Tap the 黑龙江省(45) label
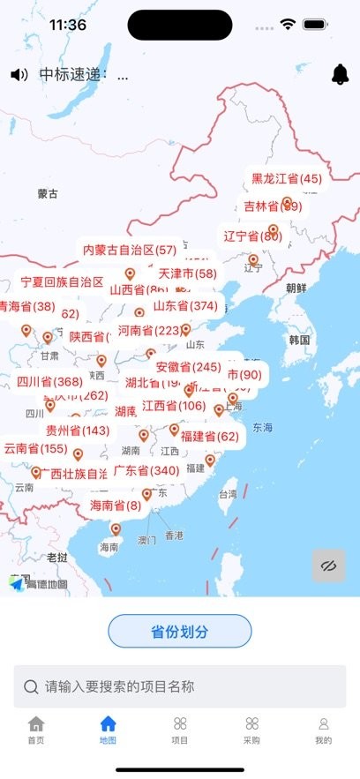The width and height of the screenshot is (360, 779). point(287,179)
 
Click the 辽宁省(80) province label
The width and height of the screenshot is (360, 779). point(252,236)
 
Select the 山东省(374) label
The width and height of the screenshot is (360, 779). point(185,306)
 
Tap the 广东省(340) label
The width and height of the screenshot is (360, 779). point(146,471)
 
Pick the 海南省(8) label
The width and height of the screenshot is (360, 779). point(116,506)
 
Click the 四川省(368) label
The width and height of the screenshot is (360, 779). point(49,382)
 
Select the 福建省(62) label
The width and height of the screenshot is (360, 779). point(209,436)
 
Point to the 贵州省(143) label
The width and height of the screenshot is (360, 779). point(78,431)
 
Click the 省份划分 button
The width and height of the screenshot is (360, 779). point(180,632)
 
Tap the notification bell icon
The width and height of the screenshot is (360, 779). point(340,75)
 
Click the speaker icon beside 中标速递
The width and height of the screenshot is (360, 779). point(19,75)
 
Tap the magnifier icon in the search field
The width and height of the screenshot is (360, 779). point(31,686)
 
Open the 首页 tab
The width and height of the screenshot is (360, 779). point(35,730)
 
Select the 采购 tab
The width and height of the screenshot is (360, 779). point(251,730)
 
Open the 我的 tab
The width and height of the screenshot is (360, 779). point(323,730)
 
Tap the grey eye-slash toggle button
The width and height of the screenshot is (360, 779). point(329,566)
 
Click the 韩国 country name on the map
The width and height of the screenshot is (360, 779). point(299,340)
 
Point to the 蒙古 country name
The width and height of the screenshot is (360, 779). point(48,193)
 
